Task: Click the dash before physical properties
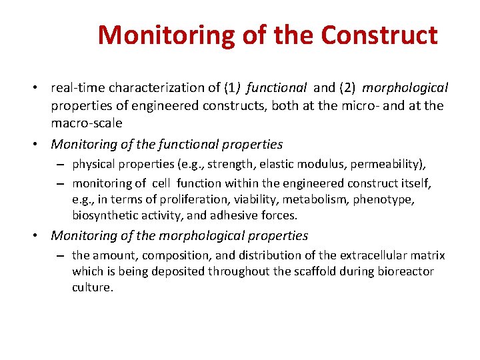60,164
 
